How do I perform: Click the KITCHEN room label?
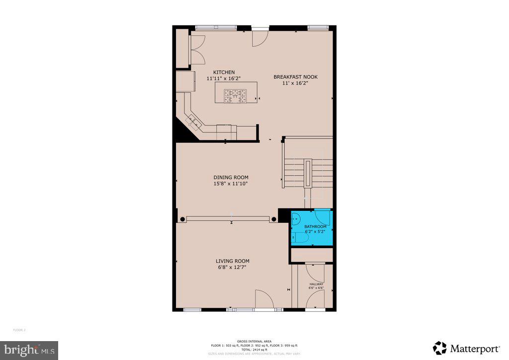(x=224, y=72)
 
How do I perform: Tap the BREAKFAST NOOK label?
(x=295, y=77)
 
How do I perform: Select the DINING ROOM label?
(x=231, y=178)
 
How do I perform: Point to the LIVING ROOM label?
(x=232, y=261)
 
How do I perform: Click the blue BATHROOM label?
(x=315, y=227)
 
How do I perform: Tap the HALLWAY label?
(x=316, y=284)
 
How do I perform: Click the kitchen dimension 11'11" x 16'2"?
(x=224, y=79)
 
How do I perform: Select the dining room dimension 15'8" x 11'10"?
(x=231, y=184)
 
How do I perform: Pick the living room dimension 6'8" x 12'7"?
(x=232, y=268)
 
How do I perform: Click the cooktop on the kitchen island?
(x=235, y=95)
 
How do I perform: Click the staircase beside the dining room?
(x=308, y=172)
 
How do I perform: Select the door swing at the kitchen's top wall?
(x=260, y=39)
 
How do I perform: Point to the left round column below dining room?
(x=183, y=219)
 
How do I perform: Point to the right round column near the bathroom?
(x=273, y=219)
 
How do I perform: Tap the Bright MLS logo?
(x=29, y=350)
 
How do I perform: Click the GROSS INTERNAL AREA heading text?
(x=254, y=342)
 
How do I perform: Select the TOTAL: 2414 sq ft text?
(x=254, y=349)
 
